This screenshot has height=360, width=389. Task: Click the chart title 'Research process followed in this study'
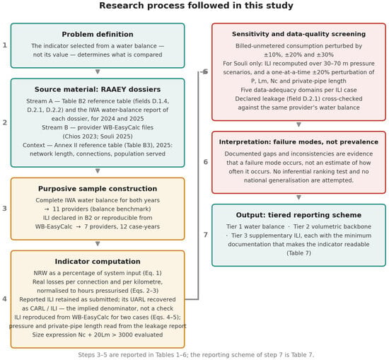click(x=196, y=6)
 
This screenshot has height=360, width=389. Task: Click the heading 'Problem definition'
click(x=98, y=34)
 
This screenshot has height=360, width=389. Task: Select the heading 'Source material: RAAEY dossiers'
click(x=98, y=89)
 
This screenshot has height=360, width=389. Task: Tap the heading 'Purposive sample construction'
click(x=98, y=189)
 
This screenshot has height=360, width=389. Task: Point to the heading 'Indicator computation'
click(x=98, y=261)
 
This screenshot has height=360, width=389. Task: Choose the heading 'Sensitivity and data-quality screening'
click(x=298, y=34)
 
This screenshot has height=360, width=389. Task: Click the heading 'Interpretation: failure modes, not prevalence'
click(x=298, y=142)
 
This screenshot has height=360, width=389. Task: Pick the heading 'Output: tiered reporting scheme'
click(x=298, y=215)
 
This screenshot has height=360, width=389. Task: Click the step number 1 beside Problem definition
click(x=5, y=45)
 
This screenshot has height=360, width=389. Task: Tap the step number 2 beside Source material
click(x=5, y=122)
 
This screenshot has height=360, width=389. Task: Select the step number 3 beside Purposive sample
click(x=5, y=209)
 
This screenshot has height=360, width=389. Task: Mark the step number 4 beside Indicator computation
click(x=5, y=299)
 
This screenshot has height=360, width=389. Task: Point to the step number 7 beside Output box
click(x=206, y=235)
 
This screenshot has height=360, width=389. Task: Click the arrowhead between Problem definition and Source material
click(x=98, y=71)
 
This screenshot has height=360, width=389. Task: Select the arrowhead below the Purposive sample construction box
click(x=98, y=244)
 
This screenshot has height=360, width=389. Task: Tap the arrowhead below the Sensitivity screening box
click(x=298, y=124)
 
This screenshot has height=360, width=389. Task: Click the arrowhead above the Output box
click(x=298, y=197)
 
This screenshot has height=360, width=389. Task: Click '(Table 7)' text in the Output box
click(x=298, y=253)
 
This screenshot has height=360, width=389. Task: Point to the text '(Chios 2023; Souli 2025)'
click(x=98, y=137)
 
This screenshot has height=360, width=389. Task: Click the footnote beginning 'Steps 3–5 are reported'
click(x=196, y=355)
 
